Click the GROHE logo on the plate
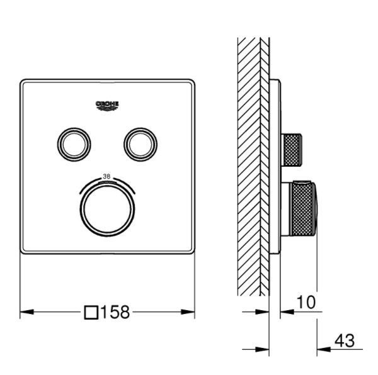[x=107, y=106]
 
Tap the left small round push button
[x=74, y=145]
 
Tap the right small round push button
[x=140, y=145]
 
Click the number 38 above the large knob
[x=106, y=176]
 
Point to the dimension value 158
[x=115, y=312]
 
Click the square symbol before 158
[x=91, y=313]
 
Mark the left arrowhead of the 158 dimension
[x=26, y=312]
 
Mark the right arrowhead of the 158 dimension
[x=188, y=312]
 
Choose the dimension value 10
[x=306, y=302]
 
